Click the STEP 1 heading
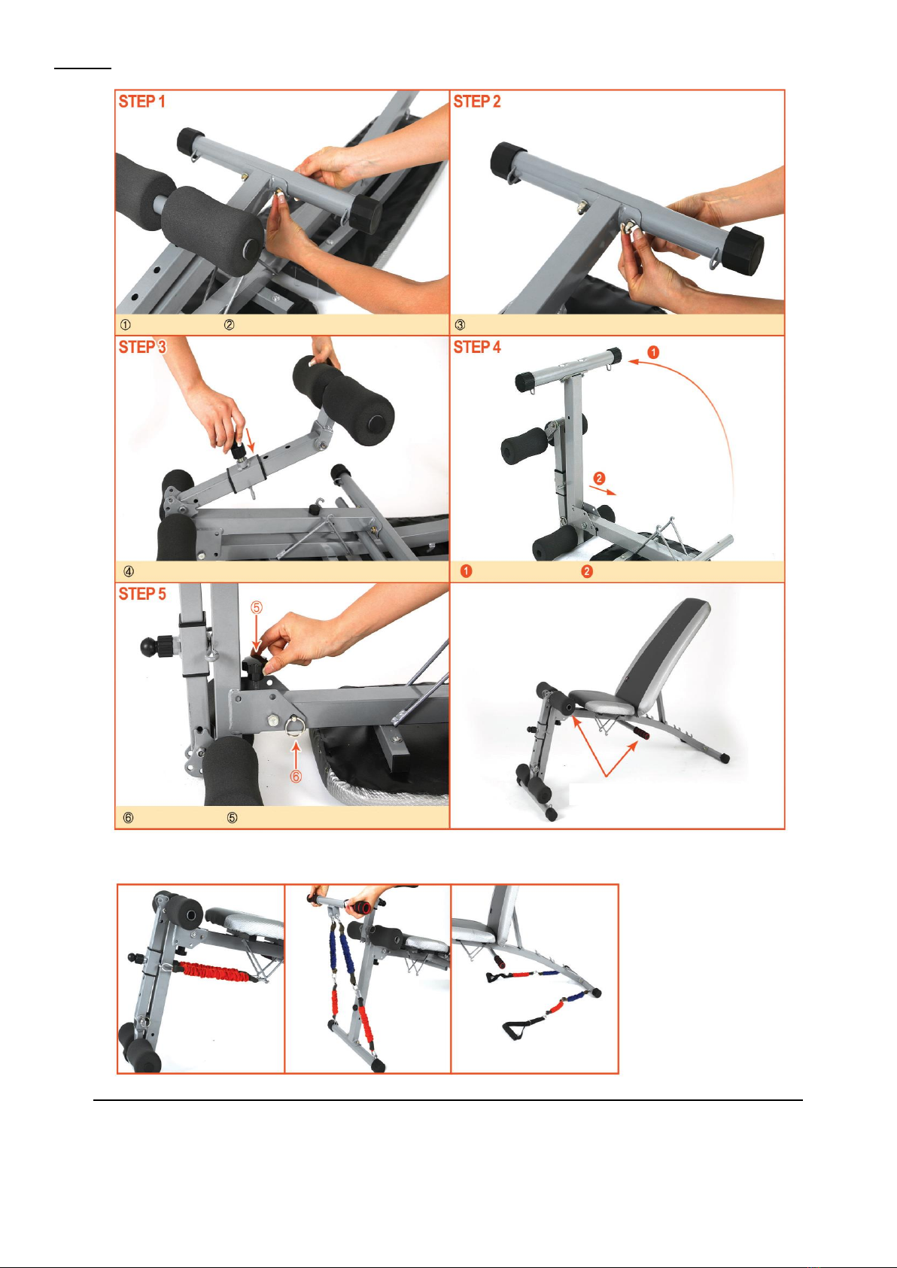142,102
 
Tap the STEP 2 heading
477,102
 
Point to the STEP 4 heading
477,347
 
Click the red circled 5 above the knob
257,607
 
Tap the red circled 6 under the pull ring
296,776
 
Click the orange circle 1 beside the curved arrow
653,353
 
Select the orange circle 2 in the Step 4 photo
600,478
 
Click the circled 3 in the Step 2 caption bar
461,325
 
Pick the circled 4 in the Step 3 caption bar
129,572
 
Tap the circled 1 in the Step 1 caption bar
126,325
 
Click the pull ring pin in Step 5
296,727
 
